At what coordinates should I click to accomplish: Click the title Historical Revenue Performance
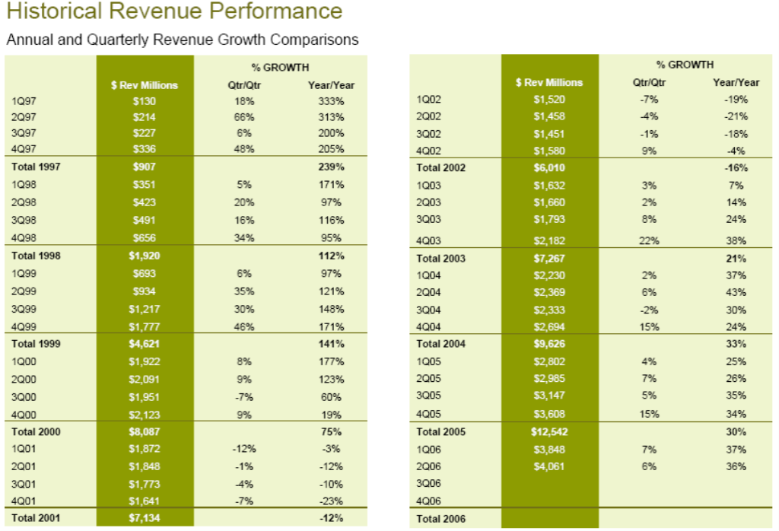click(x=173, y=11)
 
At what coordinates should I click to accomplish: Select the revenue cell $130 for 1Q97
click(x=144, y=101)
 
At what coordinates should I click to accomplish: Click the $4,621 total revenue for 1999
click(x=144, y=343)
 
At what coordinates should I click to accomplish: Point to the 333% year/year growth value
click(x=331, y=101)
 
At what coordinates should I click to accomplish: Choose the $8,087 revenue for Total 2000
click(x=144, y=431)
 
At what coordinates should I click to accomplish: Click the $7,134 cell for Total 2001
click(x=144, y=519)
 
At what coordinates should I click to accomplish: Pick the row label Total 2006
click(x=440, y=519)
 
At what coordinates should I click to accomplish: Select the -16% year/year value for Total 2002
click(x=736, y=167)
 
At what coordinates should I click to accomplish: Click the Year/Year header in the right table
click(x=736, y=82)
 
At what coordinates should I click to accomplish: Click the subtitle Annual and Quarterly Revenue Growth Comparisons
click(x=182, y=40)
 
